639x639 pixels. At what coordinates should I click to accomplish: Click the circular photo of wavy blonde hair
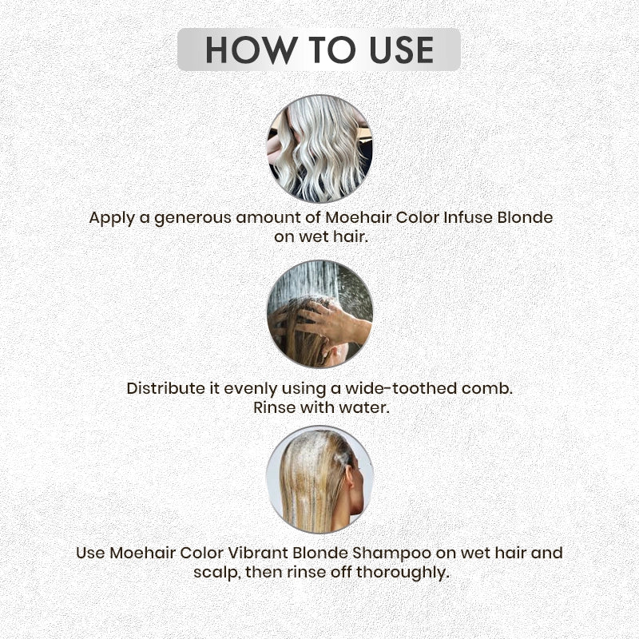coord(319,149)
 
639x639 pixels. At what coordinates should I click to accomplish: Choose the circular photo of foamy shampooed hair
coord(319,479)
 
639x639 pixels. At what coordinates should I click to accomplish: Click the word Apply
coord(110,217)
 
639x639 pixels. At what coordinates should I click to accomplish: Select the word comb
coord(487,388)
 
